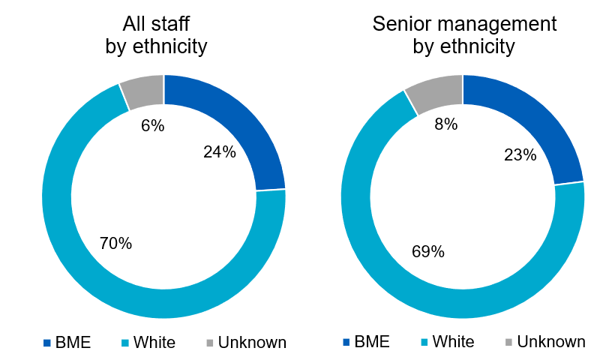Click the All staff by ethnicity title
(x=155, y=34)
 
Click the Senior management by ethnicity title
(x=464, y=34)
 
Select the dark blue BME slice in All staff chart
(x=240, y=120)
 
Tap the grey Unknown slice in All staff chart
(x=143, y=90)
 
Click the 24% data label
(x=220, y=152)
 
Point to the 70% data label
(x=115, y=243)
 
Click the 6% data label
(x=152, y=125)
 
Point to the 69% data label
(x=427, y=251)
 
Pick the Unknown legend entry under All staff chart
(x=244, y=343)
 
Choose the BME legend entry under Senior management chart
(x=367, y=342)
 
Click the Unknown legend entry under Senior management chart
(x=544, y=342)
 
